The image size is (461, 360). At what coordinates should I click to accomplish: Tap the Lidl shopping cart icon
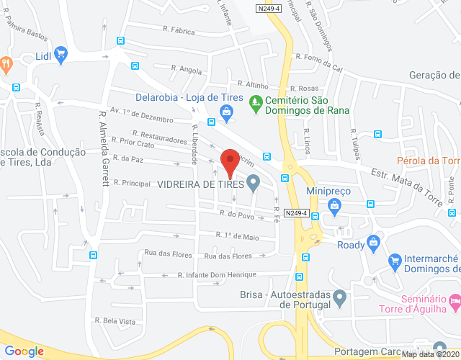[x=61, y=53]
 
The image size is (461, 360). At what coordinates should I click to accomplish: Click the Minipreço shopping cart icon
[x=334, y=207]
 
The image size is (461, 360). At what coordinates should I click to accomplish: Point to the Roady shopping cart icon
[x=372, y=243]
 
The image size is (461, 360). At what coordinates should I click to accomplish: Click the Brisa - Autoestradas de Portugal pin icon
[x=341, y=296]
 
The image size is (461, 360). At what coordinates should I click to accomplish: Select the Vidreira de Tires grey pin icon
[x=253, y=184]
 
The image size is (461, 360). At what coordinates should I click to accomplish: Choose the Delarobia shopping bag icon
[x=226, y=112]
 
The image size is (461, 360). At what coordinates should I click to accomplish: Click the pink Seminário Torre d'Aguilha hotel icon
[x=454, y=301]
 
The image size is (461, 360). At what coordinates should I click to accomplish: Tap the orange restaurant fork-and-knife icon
[x=6, y=63]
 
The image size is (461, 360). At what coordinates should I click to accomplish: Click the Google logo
[x=24, y=351]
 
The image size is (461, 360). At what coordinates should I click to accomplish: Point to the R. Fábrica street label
[x=179, y=32]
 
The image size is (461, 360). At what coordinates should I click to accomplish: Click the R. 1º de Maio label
[x=237, y=235]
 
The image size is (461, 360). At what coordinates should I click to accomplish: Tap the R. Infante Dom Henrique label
[x=217, y=275]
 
